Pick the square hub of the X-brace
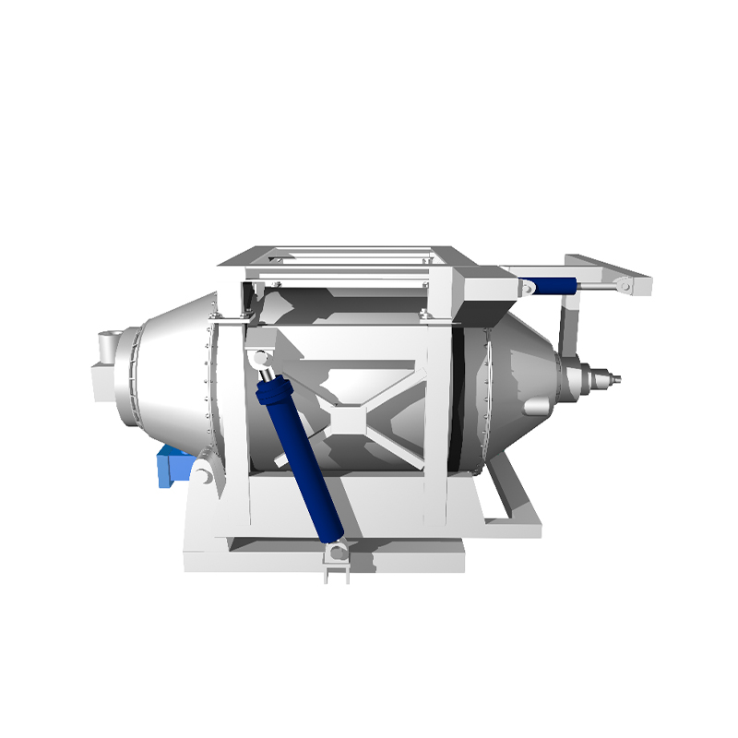[x=348, y=417]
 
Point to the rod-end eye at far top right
[x=627, y=287]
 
